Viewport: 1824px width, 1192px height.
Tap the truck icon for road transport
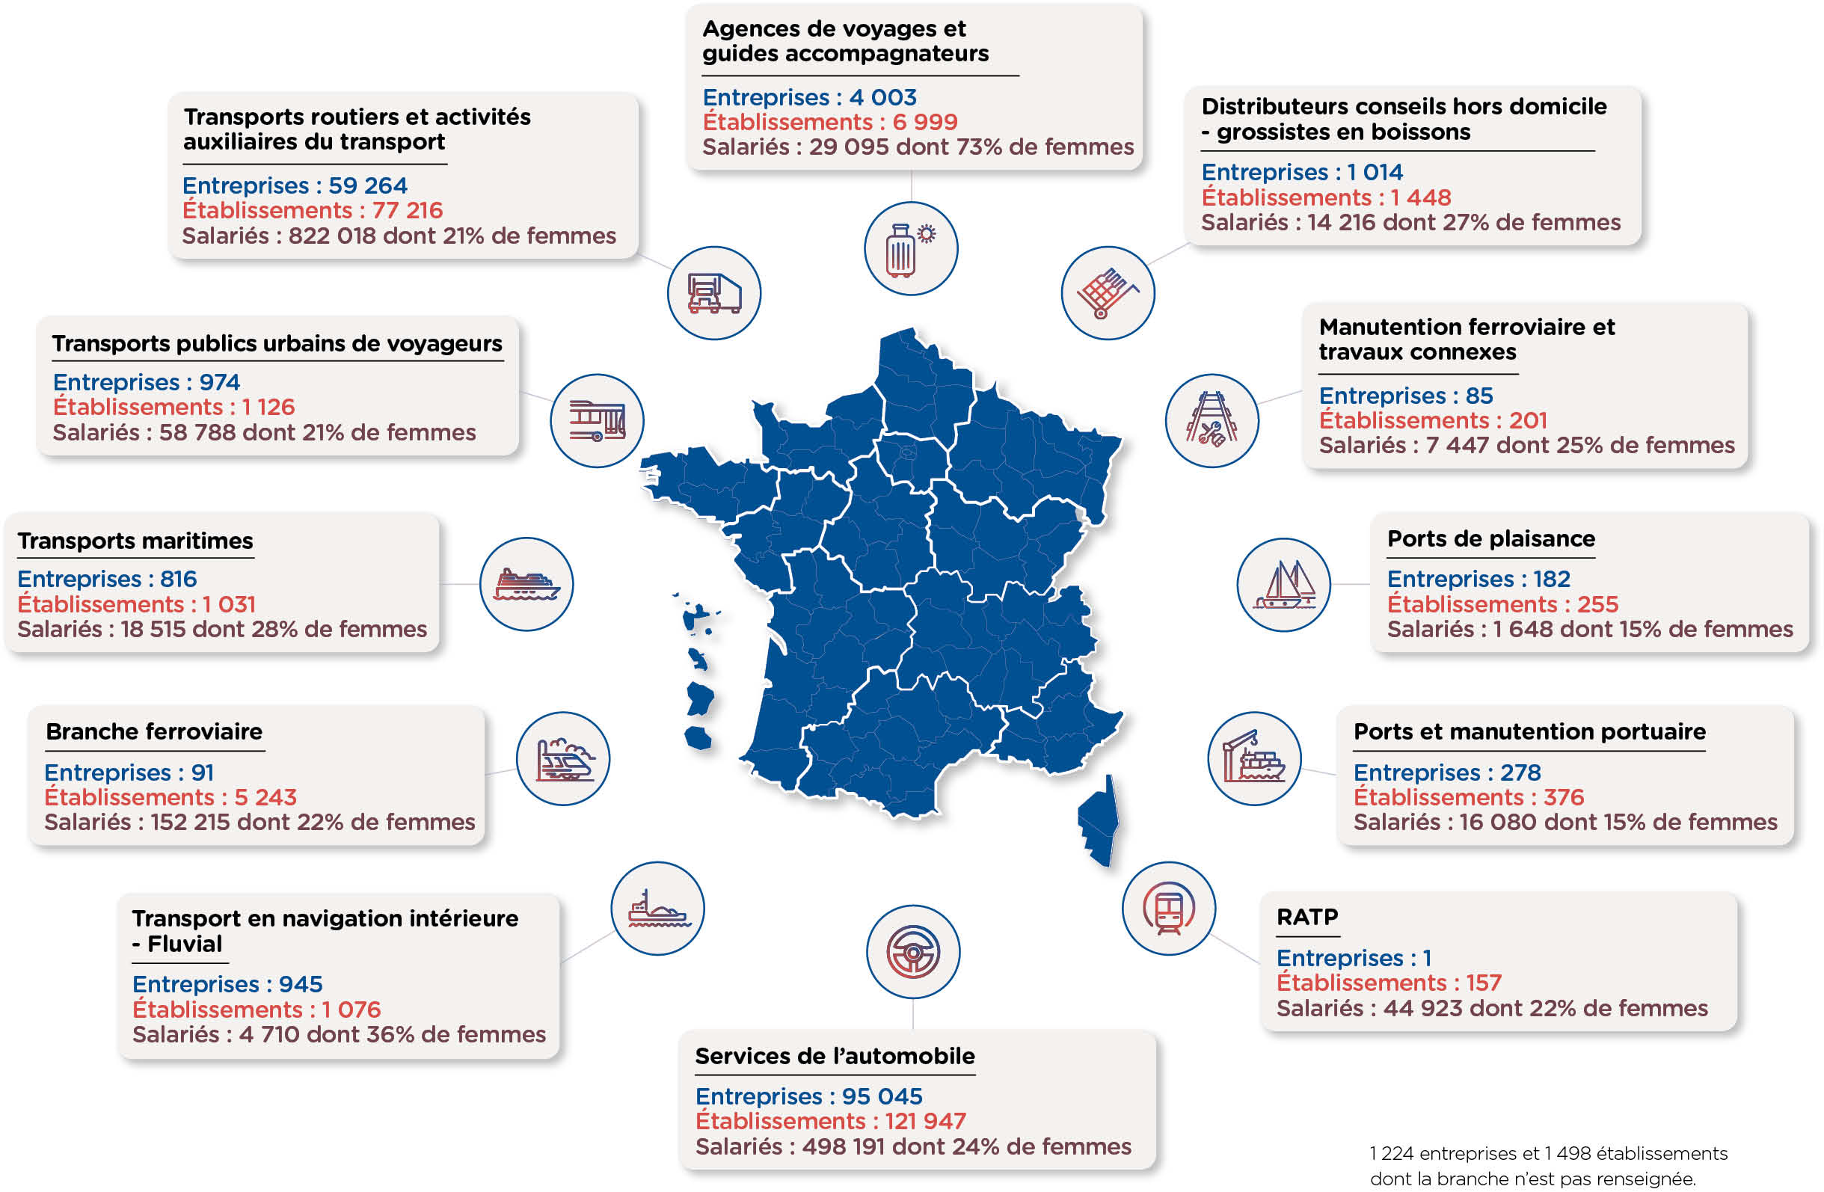click(714, 293)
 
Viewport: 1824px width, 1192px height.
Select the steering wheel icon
click(913, 952)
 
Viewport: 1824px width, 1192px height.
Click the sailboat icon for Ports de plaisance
click(1284, 585)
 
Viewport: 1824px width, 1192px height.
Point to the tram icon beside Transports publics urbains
click(597, 421)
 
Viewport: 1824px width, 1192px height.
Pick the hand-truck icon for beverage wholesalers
click(1108, 293)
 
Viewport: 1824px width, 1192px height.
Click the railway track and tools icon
click(1212, 421)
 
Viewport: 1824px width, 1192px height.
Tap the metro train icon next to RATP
click(1169, 909)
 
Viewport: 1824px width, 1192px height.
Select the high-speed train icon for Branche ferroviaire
click(563, 759)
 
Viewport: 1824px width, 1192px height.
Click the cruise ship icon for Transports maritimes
click(526, 584)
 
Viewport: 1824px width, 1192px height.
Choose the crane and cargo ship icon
click(1255, 759)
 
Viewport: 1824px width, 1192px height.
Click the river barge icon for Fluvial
click(657, 909)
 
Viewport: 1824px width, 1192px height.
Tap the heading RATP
click(1307, 917)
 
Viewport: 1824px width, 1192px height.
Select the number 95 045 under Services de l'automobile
click(882, 1096)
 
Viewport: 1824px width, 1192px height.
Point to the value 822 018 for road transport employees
click(332, 236)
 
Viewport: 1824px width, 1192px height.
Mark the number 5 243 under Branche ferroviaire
click(265, 797)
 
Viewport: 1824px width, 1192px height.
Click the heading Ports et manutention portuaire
click(1529, 732)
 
